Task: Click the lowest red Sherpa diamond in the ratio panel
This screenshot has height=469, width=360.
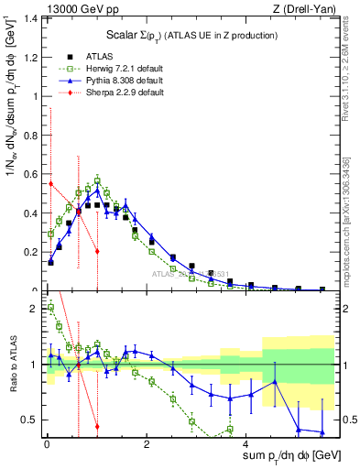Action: [x=97, y=426]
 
